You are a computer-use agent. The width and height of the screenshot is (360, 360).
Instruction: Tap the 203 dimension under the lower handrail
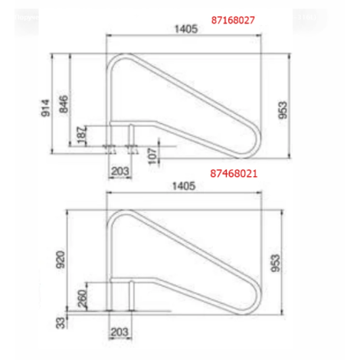click(x=119, y=332)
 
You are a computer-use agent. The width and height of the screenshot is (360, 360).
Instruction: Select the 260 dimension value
click(x=83, y=295)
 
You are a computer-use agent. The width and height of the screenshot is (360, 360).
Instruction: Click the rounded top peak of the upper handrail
click(x=119, y=59)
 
